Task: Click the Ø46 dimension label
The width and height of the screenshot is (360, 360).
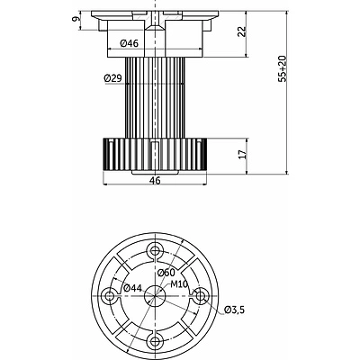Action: (x=130, y=43)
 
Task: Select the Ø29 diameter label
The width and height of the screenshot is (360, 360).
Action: (x=112, y=78)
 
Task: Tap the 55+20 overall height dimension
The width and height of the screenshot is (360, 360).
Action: (x=283, y=69)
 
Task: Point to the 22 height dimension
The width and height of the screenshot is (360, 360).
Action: (x=241, y=31)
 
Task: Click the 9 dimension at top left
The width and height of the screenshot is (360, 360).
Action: (x=76, y=19)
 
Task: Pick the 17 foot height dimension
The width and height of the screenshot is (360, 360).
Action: (x=243, y=154)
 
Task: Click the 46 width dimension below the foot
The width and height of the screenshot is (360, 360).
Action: (x=155, y=181)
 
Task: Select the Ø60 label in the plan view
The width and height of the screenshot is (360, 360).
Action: (x=166, y=273)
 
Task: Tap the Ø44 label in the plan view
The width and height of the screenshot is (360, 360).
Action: (x=132, y=288)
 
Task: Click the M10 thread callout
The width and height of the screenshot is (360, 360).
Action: (x=179, y=283)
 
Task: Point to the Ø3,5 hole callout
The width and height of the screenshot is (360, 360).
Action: (x=234, y=310)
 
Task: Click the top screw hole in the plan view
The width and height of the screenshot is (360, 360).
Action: (x=155, y=250)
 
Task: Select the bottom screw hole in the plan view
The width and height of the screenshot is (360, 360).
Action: (x=155, y=340)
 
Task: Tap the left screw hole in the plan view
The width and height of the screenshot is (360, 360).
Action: (x=110, y=296)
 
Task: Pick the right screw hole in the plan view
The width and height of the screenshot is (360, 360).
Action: (x=200, y=296)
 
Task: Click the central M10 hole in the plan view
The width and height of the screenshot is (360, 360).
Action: (x=155, y=296)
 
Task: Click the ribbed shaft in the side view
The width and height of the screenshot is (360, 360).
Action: (x=155, y=98)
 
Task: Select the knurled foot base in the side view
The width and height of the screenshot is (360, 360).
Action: (x=155, y=155)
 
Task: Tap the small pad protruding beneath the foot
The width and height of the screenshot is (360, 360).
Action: (x=155, y=173)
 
